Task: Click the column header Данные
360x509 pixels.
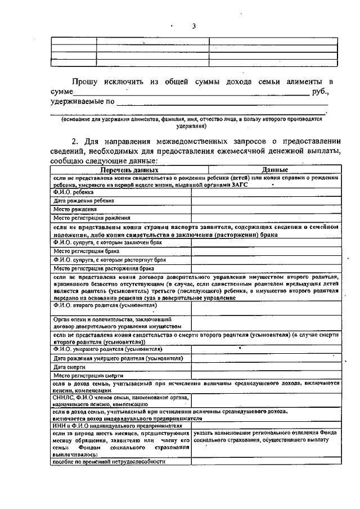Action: click(274, 169)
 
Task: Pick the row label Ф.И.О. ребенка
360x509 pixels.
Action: click(70, 192)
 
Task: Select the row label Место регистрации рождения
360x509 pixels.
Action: click(92, 218)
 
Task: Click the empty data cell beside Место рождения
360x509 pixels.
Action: click(265, 209)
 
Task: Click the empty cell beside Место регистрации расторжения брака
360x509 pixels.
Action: click(265, 269)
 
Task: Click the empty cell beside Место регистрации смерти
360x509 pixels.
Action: click(265, 375)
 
